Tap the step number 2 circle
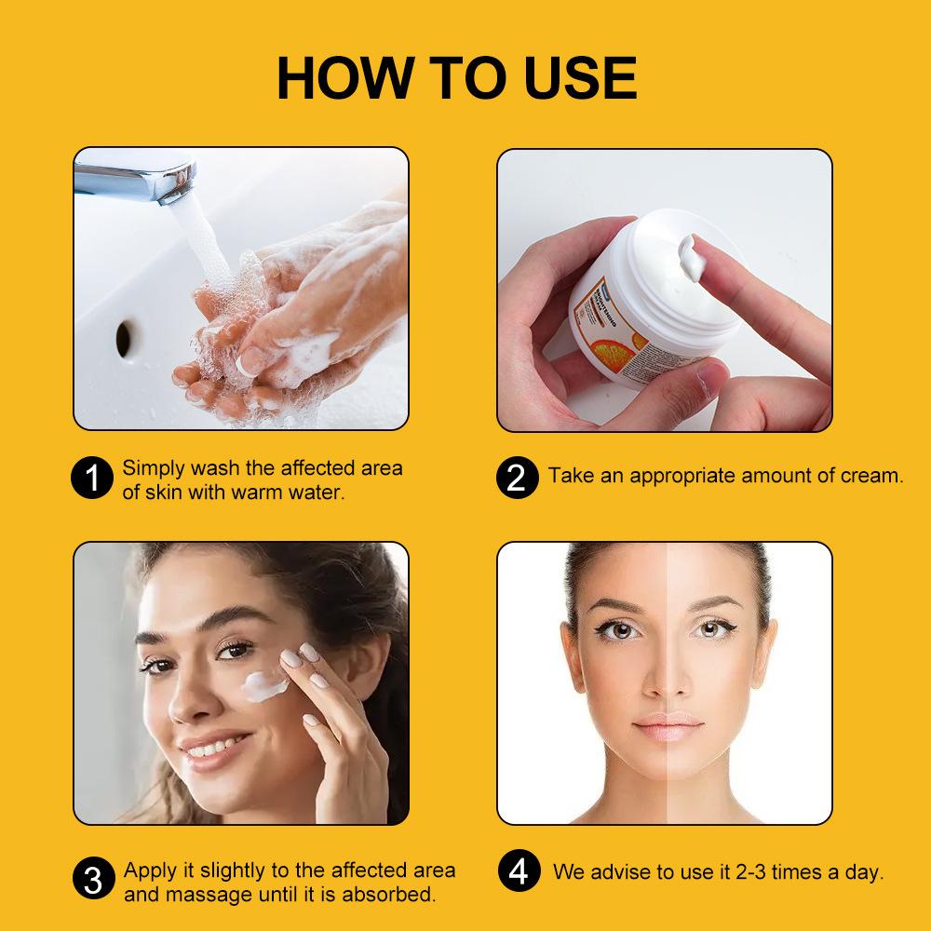517,477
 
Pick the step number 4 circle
518,872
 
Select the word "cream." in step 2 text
870,476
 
